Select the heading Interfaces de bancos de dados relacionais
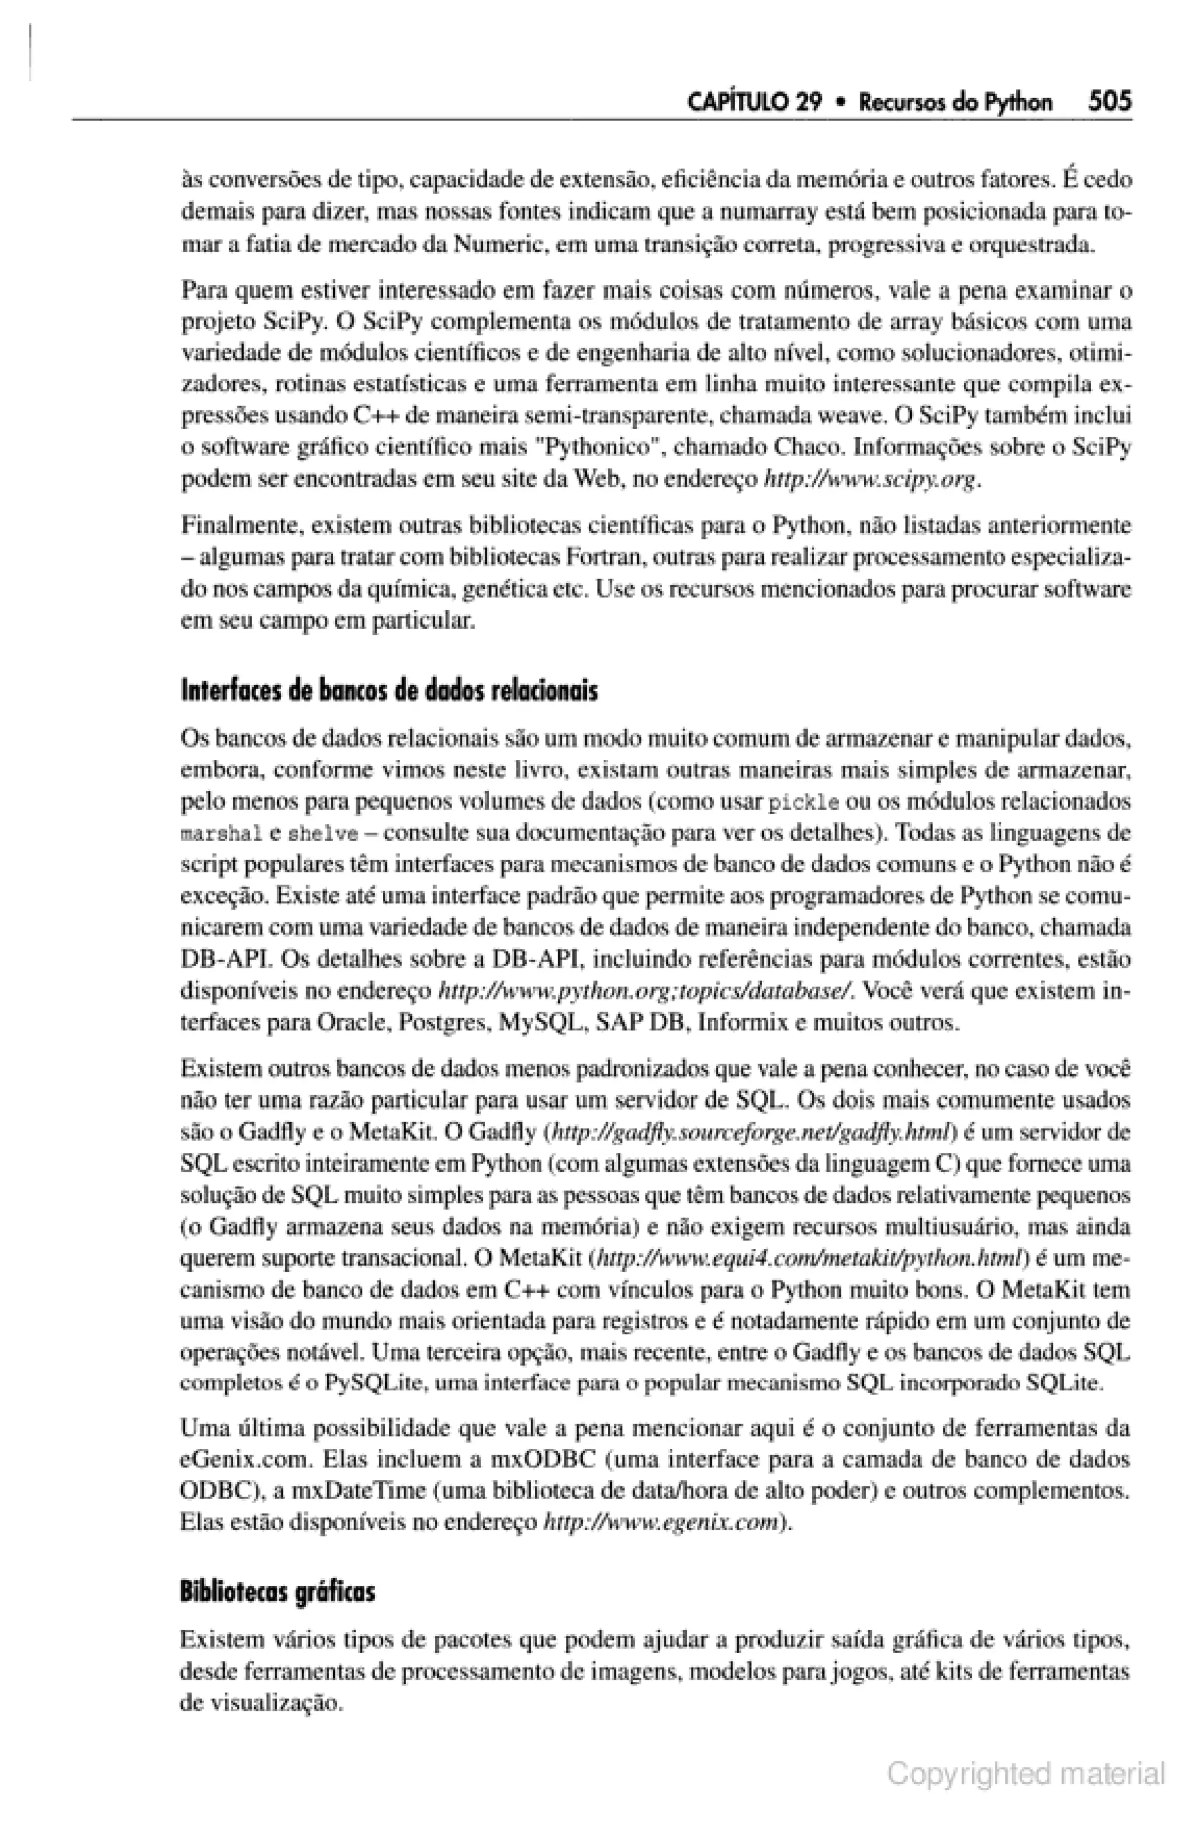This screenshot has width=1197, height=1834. coord(389,690)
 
